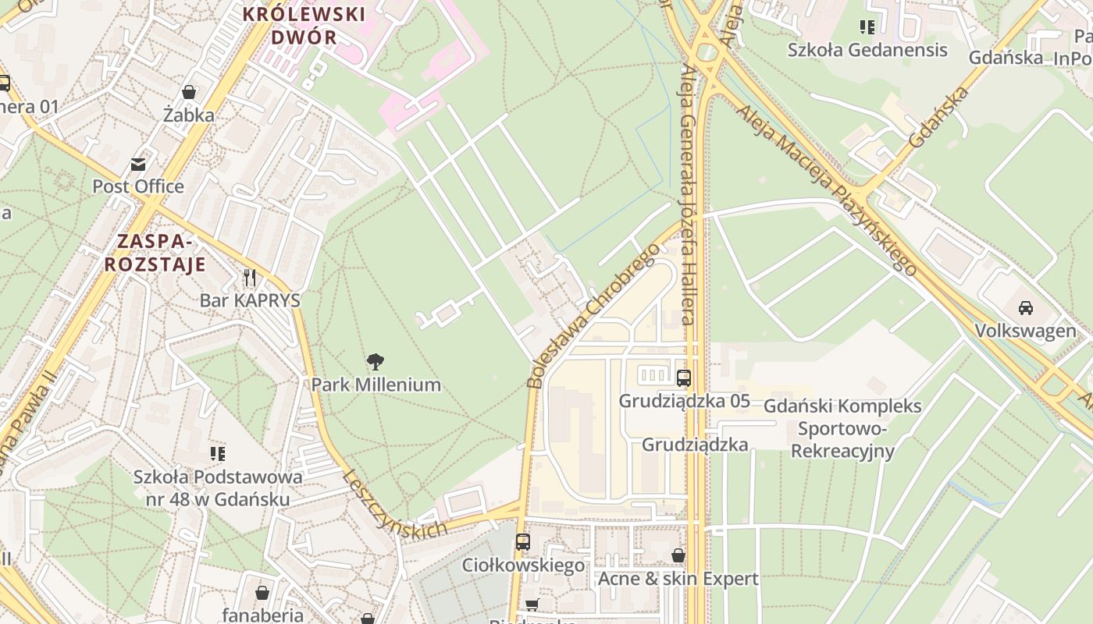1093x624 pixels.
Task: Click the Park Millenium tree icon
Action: (x=376, y=361)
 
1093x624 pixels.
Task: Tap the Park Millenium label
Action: (x=376, y=385)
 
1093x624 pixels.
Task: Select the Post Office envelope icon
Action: (x=138, y=164)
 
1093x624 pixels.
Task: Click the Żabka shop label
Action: (x=189, y=115)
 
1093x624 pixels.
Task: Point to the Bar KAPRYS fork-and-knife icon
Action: (x=250, y=277)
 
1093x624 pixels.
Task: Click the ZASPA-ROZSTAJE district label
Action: (x=155, y=252)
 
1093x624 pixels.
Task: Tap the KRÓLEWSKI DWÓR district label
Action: (x=304, y=25)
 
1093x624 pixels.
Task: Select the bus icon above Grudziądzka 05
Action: (x=684, y=378)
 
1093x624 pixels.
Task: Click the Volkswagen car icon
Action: (x=1026, y=307)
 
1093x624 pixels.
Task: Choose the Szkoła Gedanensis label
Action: (x=867, y=50)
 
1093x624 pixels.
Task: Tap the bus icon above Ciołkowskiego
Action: (x=523, y=541)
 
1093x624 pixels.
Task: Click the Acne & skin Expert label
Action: (x=678, y=579)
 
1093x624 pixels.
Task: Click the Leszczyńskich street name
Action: (x=394, y=504)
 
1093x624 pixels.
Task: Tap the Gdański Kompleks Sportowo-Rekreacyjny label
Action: (x=842, y=428)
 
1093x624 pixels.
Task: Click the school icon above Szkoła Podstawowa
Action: (x=218, y=453)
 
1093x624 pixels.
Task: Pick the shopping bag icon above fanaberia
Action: (x=262, y=593)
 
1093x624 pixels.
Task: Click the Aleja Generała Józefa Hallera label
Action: (x=688, y=195)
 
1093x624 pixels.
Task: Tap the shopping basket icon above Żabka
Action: (x=189, y=92)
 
